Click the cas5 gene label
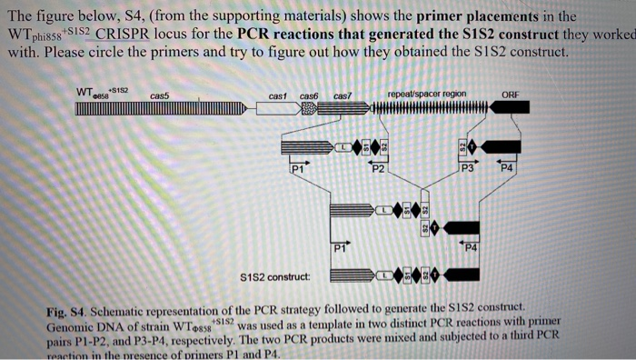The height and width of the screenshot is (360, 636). coord(159,95)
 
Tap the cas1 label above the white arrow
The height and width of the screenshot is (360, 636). coord(277,95)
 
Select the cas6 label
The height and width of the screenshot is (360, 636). coord(309,95)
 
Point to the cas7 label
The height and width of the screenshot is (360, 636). coord(343,95)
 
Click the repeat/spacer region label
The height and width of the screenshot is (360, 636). coord(426,94)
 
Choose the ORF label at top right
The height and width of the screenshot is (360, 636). coord(511,94)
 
